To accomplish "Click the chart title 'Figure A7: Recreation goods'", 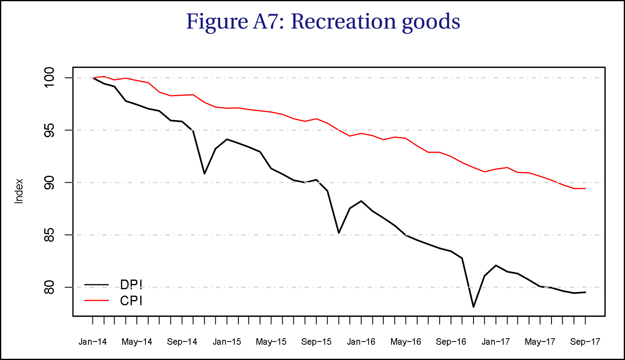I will (x=323, y=21).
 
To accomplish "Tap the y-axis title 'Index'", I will (x=19, y=191).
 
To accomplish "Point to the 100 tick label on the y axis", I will (x=49, y=78).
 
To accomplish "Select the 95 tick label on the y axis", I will (x=49, y=130).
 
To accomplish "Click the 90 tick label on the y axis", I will (x=49, y=183).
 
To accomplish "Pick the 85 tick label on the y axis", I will (x=49, y=235).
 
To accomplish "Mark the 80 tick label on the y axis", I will (x=49, y=287).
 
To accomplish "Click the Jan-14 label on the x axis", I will (x=92, y=342).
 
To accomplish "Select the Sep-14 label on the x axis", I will (x=182, y=342).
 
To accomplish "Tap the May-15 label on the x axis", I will (x=271, y=342).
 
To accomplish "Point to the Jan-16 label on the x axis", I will (x=361, y=342).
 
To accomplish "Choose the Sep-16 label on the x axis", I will (x=451, y=342).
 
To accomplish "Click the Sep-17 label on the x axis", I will (x=585, y=342).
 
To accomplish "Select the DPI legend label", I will (x=131, y=284).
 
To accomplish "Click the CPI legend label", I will (x=131, y=300).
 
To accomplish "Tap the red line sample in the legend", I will (x=96, y=300).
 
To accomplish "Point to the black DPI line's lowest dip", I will (x=473, y=307).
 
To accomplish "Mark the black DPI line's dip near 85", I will (x=339, y=233).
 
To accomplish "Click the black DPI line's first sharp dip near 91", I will (x=205, y=174).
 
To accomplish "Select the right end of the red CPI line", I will (x=585, y=188).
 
